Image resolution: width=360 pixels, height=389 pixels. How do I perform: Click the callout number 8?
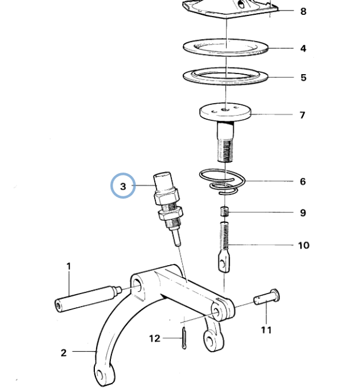[x=303, y=11]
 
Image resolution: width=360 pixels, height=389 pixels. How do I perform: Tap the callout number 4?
[x=303, y=49]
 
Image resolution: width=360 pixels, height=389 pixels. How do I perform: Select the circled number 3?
[x=123, y=186]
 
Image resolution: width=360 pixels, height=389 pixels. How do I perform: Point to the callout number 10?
[x=304, y=245]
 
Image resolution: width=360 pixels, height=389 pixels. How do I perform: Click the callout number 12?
[x=155, y=339]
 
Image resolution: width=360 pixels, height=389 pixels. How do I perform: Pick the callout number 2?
[x=64, y=353]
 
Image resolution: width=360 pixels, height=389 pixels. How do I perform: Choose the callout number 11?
[x=266, y=330]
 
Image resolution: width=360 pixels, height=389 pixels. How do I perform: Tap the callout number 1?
[x=69, y=266]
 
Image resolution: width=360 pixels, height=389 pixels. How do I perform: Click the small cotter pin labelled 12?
[x=184, y=338]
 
